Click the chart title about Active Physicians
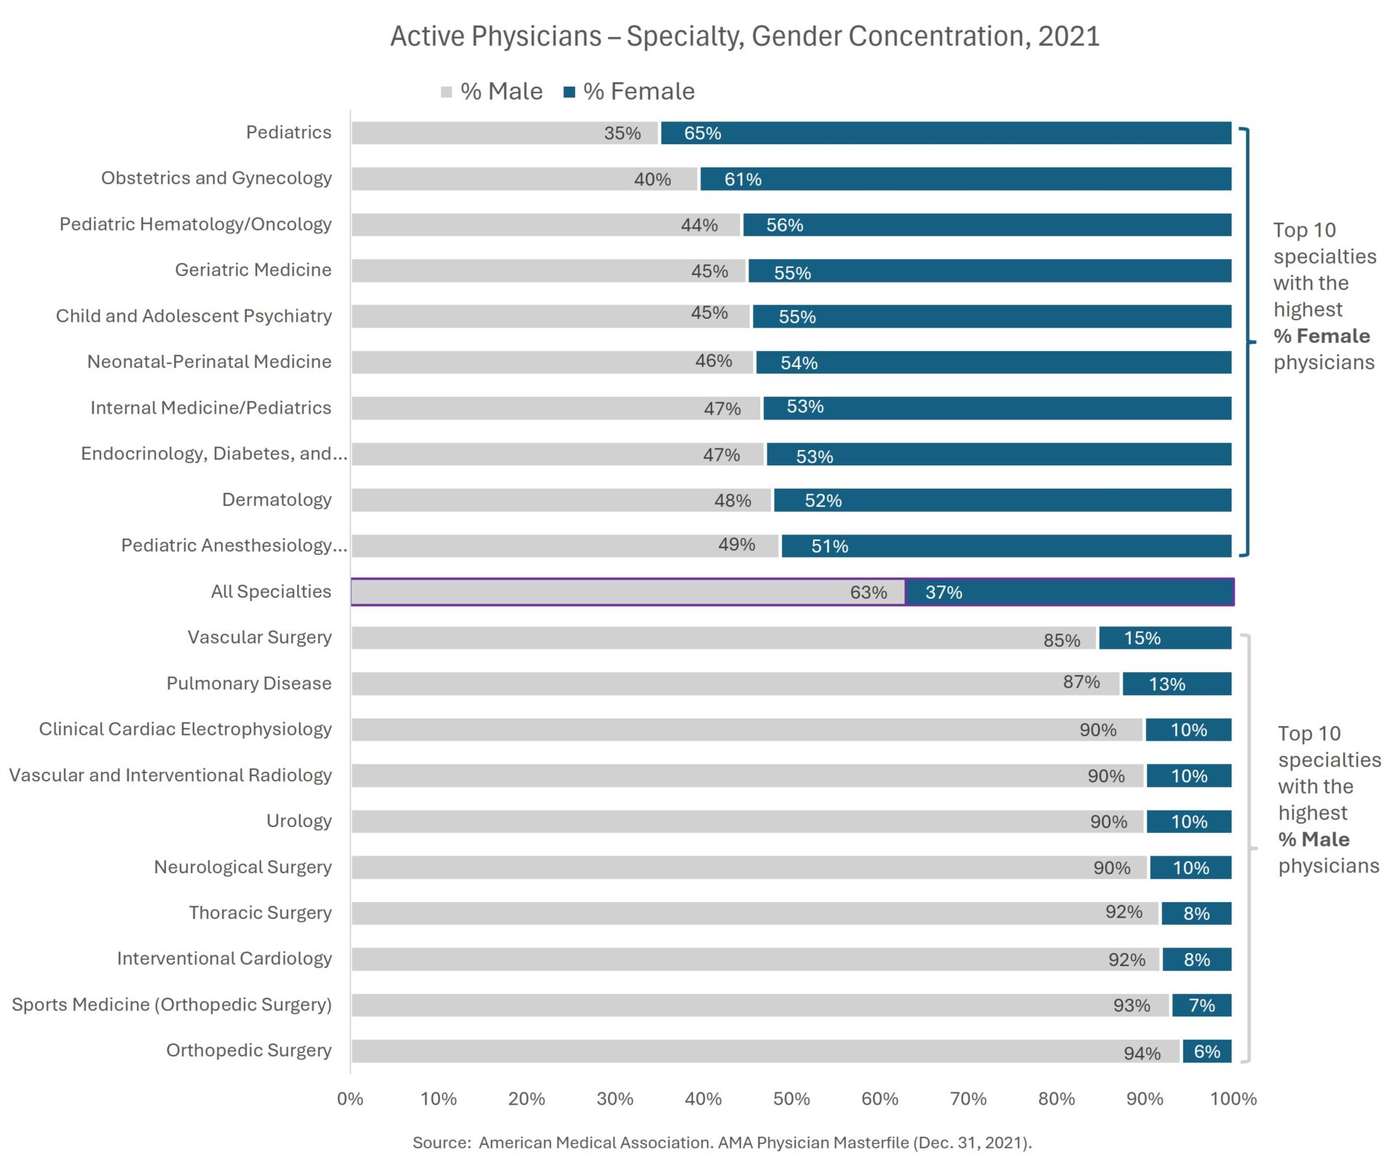coord(744,36)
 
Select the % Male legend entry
coord(492,92)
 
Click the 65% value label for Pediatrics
coord(702,133)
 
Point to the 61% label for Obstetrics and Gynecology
coord(743,179)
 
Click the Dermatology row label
coord(277,500)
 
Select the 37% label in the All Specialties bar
coord(944,592)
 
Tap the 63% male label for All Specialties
coord(868,592)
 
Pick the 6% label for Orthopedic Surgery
coord(1207,1051)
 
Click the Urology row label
coord(299,821)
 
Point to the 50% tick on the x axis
coord(791,1098)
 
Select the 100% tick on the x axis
coord(1233,1098)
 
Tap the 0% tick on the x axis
coord(350,1098)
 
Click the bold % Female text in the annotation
coord(1322,336)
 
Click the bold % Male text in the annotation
coord(1314,840)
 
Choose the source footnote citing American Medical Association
coord(722,1143)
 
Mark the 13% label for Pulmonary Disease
coord(1166,684)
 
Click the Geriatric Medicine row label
coord(253,270)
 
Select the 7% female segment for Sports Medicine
coord(1201,1005)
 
